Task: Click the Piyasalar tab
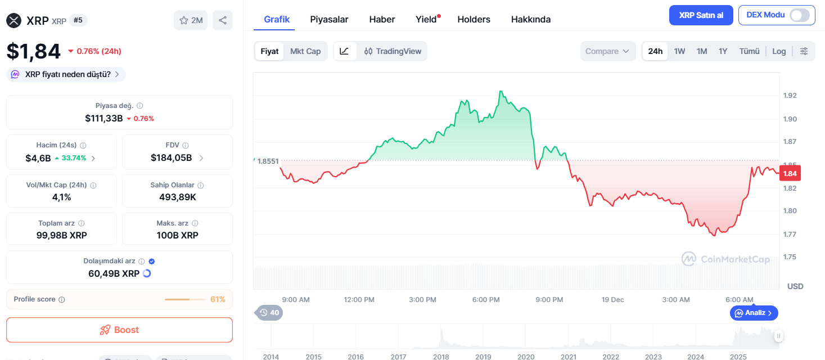(329, 19)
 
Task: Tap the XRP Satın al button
(701, 15)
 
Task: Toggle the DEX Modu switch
(800, 15)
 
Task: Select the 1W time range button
(679, 51)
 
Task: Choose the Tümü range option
(749, 51)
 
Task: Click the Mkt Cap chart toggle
(305, 51)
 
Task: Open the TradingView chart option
(393, 51)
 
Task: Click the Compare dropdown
(608, 51)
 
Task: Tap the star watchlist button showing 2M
(191, 20)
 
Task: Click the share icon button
(223, 20)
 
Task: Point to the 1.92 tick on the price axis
(790, 96)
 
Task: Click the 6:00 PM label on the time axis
(486, 300)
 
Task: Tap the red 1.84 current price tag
(790, 174)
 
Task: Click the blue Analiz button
(754, 313)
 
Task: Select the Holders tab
(474, 19)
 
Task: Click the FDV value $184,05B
(172, 158)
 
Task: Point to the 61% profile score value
(218, 299)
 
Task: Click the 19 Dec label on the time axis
(612, 300)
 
